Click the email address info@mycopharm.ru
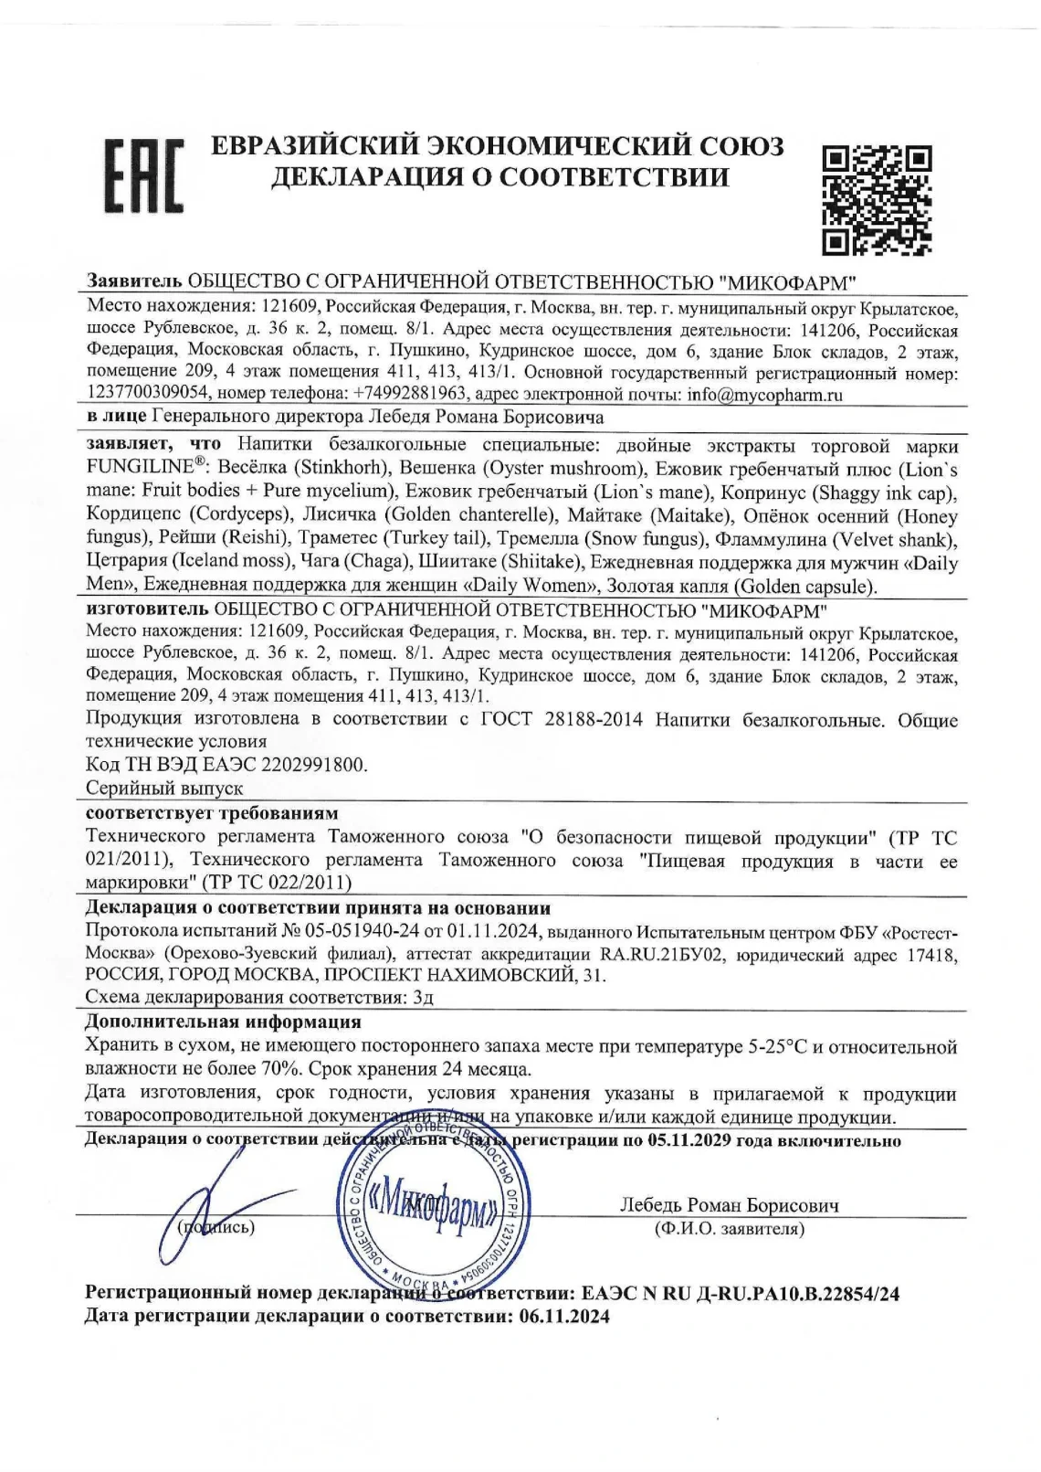pyautogui.click(x=763, y=395)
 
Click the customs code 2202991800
pyautogui.click(x=310, y=765)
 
